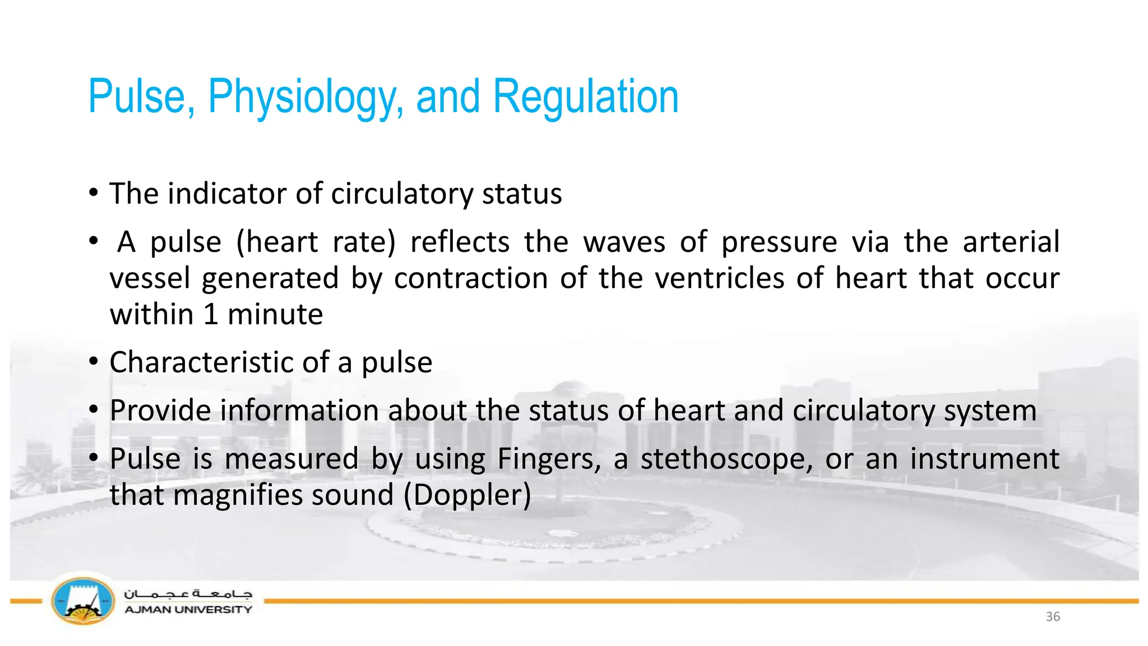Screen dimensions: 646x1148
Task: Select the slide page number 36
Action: pyautogui.click(x=1053, y=616)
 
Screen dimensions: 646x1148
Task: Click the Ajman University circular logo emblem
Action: pyautogui.click(x=83, y=601)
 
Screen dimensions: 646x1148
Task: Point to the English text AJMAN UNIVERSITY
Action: pyautogui.click(x=188, y=610)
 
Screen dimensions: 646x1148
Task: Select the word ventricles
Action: pyautogui.click(x=720, y=278)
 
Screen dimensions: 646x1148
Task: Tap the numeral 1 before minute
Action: pyautogui.click(x=211, y=314)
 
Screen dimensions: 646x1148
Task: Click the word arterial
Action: pyautogui.click(x=1011, y=242)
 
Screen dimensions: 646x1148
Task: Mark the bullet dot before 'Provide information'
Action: pyautogui.click(x=94, y=409)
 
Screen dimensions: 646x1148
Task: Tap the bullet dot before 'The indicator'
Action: pyautogui.click(x=94, y=193)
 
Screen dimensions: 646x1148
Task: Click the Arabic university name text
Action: pyautogui.click(x=188, y=593)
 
